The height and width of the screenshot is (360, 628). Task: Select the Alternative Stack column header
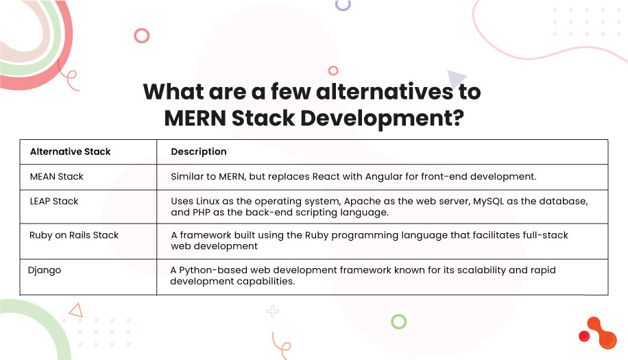70,152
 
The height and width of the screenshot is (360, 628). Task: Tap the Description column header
198,152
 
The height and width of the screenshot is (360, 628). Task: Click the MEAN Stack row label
56,176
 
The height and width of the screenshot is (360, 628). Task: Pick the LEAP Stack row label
54,202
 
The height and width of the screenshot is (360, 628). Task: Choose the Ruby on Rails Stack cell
74,235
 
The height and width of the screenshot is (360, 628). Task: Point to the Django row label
45,270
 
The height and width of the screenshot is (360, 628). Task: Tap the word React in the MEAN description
326,176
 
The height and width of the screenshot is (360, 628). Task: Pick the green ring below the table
398,321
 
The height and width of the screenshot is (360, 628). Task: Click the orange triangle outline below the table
75,310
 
